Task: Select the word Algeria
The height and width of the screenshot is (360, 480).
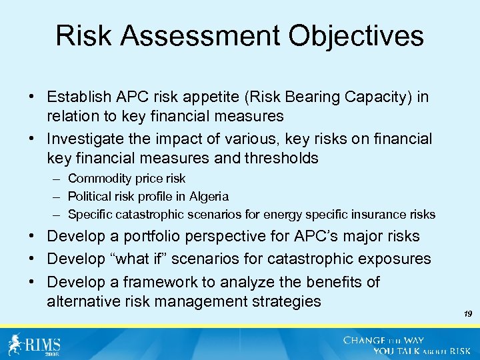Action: point(208,197)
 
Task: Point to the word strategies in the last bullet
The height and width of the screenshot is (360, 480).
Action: point(283,301)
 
